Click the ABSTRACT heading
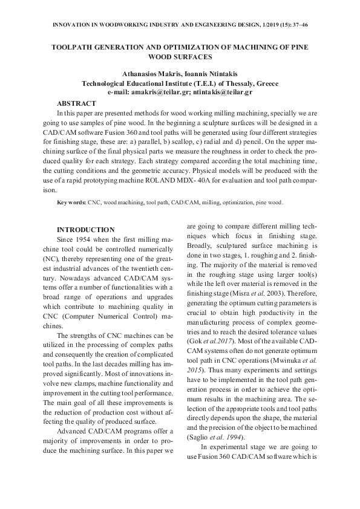[76, 103]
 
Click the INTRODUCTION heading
[85, 230]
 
